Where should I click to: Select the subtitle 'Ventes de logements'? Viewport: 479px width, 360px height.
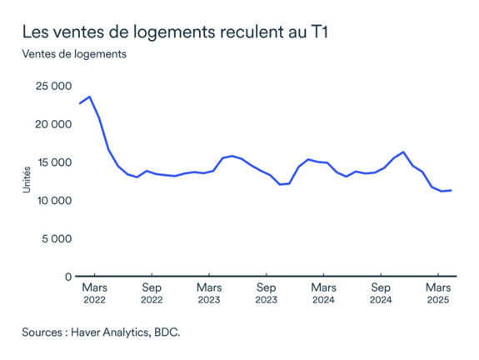click(x=74, y=55)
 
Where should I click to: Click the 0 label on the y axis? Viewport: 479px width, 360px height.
click(x=67, y=277)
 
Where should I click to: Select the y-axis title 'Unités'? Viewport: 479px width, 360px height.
click(x=27, y=181)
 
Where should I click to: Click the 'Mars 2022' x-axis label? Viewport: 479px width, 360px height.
click(x=94, y=293)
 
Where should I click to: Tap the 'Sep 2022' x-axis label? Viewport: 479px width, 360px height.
click(x=152, y=293)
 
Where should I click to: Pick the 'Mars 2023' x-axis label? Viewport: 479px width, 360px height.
click(x=209, y=293)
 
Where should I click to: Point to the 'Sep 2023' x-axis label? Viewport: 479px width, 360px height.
click(x=266, y=293)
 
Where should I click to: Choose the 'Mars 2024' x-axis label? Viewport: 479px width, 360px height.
click(x=323, y=293)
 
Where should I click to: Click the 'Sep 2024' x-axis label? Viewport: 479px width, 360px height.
click(x=381, y=293)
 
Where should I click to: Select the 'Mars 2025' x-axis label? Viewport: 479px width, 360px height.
click(x=438, y=293)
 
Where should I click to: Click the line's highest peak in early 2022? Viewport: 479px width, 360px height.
click(x=90, y=97)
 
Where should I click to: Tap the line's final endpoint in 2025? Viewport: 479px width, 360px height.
click(x=452, y=190)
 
